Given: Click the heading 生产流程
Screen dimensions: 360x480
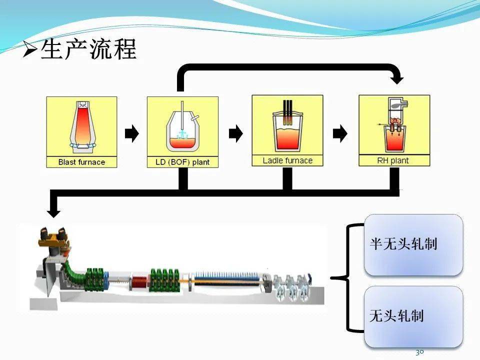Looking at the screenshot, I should (x=88, y=50).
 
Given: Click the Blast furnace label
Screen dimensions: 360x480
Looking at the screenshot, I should (x=81, y=162).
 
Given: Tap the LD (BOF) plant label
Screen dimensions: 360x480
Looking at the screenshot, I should (x=182, y=162).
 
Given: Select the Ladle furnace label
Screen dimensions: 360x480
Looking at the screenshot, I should (x=287, y=160).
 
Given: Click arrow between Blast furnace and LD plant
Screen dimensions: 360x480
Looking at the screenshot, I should (x=131, y=133).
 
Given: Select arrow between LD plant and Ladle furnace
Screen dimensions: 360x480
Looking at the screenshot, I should (x=235, y=133).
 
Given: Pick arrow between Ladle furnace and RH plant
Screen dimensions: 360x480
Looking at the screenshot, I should (x=340, y=133).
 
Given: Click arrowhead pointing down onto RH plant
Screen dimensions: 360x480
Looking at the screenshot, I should (x=397, y=78).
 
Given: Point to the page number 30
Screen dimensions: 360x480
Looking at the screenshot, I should (x=419, y=352).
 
